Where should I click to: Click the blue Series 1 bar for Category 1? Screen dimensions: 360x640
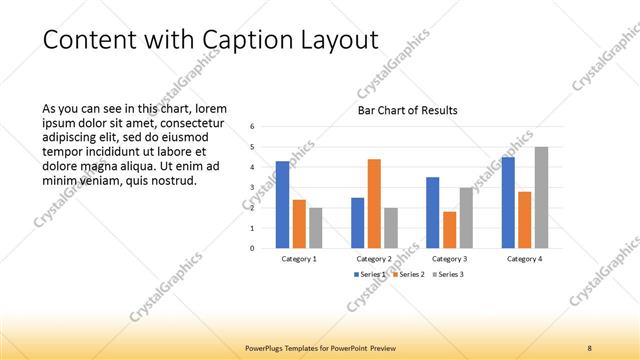282,204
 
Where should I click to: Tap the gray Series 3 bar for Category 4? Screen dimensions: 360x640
541,197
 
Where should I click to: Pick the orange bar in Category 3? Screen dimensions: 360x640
449,229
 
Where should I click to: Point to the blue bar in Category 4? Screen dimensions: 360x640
508,202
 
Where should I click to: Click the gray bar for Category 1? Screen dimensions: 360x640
315,227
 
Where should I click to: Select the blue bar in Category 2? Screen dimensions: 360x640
357,222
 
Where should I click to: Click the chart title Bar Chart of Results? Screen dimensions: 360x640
407,110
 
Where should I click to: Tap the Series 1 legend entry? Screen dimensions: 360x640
371,274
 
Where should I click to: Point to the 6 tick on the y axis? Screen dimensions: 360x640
253,127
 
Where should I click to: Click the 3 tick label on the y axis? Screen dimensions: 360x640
253,187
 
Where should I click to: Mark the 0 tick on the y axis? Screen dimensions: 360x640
253,248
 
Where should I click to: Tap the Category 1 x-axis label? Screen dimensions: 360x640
299,259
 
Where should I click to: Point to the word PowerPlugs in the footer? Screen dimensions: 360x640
267,347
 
